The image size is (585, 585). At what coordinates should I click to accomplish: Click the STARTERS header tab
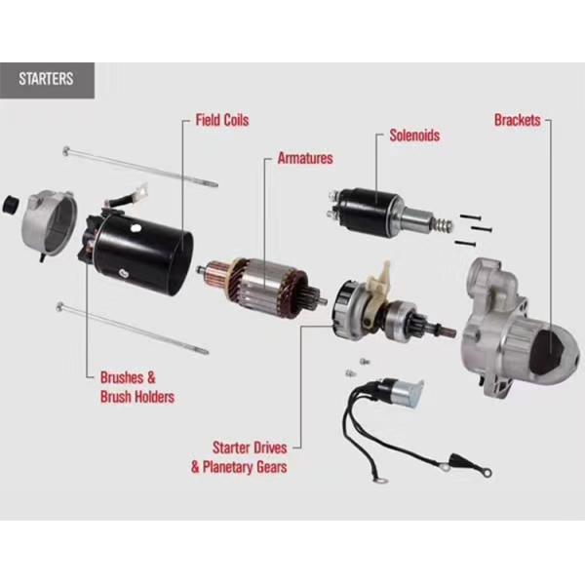[47, 79]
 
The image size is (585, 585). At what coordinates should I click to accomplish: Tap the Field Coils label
[221, 120]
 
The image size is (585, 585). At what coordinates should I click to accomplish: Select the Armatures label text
[304, 157]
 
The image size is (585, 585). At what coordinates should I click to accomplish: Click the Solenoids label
[413, 136]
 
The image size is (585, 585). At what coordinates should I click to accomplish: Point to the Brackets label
[517, 121]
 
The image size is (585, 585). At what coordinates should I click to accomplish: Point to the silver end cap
[50, 218]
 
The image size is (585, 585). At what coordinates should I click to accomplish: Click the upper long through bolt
[136, 165]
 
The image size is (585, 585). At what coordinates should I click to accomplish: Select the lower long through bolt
[132, 328]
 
